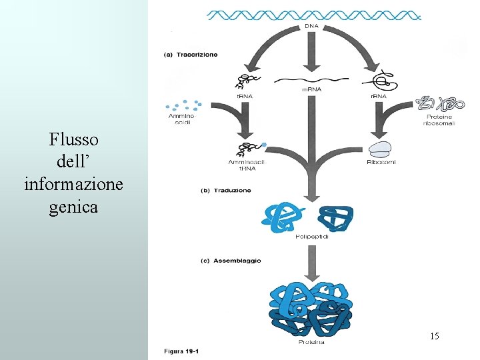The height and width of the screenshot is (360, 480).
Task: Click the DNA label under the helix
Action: coord(311,26)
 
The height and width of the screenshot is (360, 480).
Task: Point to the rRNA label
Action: coord(377,95)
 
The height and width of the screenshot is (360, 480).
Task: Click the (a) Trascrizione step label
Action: coord(191,55)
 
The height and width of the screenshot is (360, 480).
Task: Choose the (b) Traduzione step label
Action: coord(226,191)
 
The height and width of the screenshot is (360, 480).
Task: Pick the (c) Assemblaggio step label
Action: coord(231,261)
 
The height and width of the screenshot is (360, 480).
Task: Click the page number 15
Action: coord(434,335)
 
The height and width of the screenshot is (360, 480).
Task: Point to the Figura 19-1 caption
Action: coord(181,351)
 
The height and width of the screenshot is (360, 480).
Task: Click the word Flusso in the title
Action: coord(73,139)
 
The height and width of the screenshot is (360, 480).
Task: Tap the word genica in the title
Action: coord(73,207)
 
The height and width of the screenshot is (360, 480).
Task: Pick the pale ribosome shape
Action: coord(380,149)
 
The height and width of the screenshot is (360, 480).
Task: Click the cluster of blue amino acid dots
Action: coord(183,106)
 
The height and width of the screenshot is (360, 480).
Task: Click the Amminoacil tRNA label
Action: coord(246,165)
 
